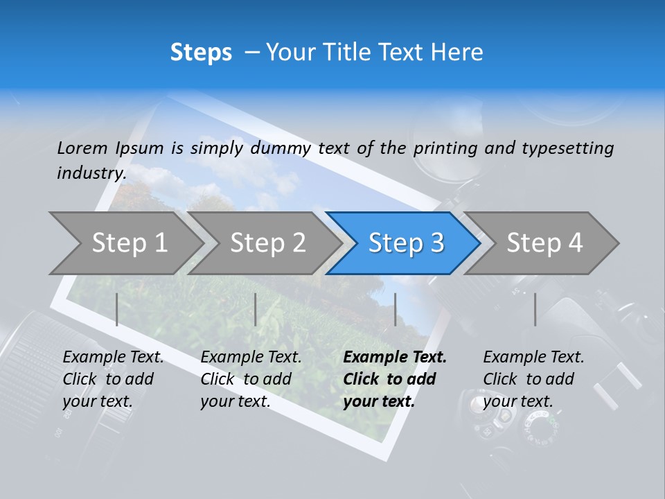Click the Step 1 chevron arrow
(x=129, y=243)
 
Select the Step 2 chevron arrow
(x=267, y=243)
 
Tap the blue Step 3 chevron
(x=406, y=243)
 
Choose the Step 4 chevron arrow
(x=544, y=243)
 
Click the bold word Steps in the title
(x=201, y=52)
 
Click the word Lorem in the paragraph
(x=82, y=148)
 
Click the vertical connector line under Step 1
(x=117, y=309)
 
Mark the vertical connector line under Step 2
(x=256, y=309)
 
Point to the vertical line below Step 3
(x=395, y=309)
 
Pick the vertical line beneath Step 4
(x=535, y=309)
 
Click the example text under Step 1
(x=113, y=379)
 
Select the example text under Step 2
(x=251, y=379)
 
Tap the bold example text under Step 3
(x=395, y=379)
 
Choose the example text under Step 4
(x=533, y=379)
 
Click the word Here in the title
(x=457, y=52)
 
